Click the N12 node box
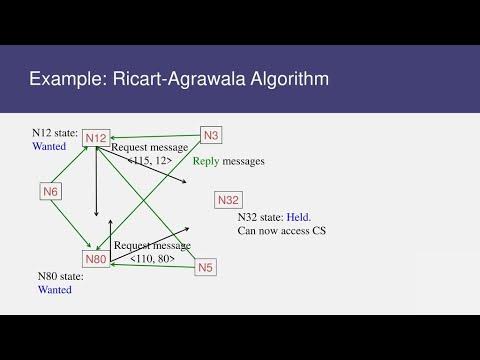point(97,137)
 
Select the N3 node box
point(211,134)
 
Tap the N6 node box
point(53,190)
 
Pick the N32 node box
point(228,200)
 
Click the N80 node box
point(96,259)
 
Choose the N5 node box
point(206,267)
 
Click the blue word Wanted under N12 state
point(49,146)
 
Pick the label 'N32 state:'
point(260,217)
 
